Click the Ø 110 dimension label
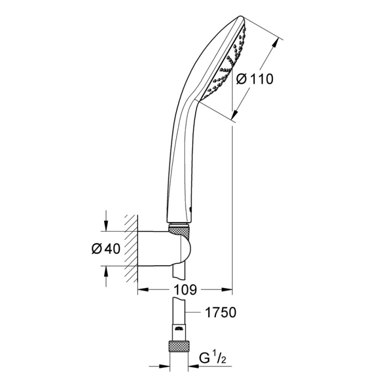(255, 79)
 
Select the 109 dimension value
(185, 289)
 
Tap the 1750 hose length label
(220, 312)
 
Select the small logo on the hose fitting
(179, 328)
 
